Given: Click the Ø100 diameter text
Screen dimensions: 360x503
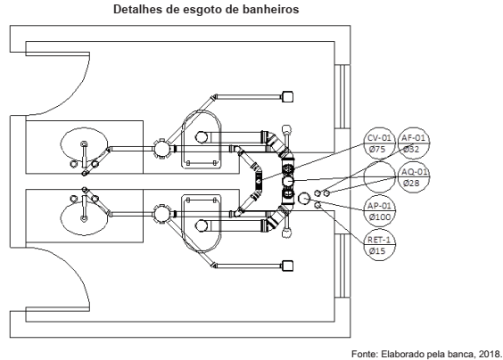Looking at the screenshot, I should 379,217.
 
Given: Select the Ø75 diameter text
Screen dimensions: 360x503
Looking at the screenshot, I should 379,150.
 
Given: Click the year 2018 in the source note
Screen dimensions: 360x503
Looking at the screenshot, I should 489,353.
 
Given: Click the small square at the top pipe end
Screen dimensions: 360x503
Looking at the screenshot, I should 287,95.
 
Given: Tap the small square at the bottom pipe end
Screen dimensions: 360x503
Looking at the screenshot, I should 287,264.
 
